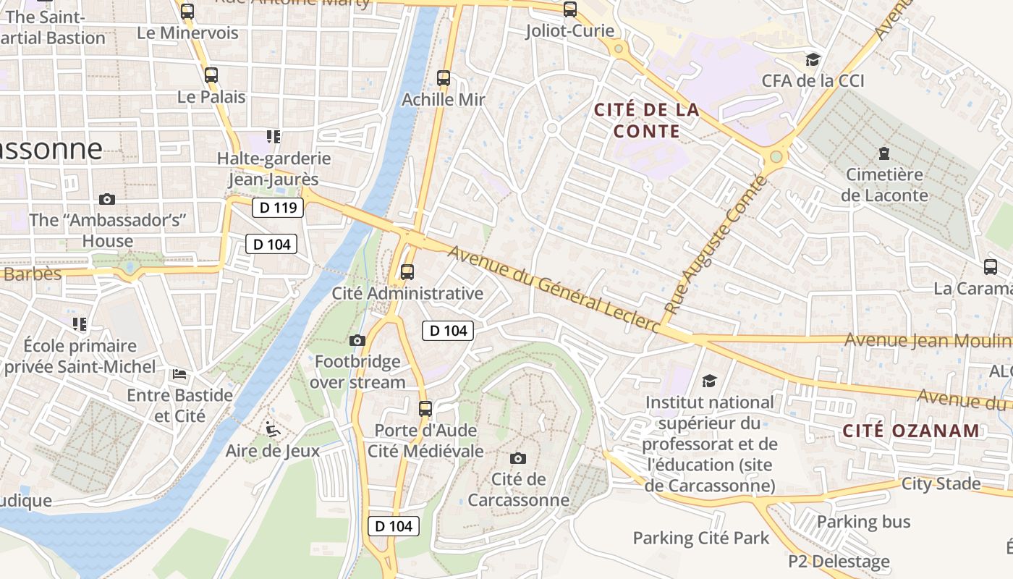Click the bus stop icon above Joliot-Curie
click(570, 9)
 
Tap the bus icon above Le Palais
click(211, 75)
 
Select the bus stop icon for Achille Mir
click(443, 77)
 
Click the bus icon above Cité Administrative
click(407, 272)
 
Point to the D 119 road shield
click(277, 208)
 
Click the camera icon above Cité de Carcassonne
click(517, 458)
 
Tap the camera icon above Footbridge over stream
click(357, 340)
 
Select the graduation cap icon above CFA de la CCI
click(813, 59)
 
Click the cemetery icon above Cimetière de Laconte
click(883, 153)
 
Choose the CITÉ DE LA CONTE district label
click(646, 120)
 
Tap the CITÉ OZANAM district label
click(911, 431)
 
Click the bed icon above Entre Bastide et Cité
click(179, 374)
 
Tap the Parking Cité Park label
click(701, 538)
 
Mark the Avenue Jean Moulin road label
click(928, 340)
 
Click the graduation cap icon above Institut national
click(709, 381)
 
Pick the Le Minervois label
click(187, 33)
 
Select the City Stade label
click(941, 483)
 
